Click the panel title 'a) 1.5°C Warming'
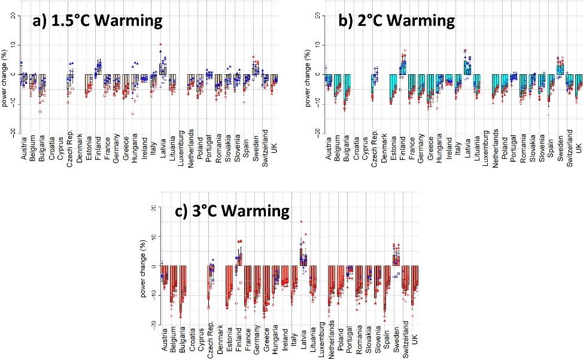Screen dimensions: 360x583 pos(97,22)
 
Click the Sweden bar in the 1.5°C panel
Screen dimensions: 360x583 pos(256,71)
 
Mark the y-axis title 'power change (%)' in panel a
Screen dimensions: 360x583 pos(5,75)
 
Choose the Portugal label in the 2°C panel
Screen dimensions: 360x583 pos(514,148)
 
